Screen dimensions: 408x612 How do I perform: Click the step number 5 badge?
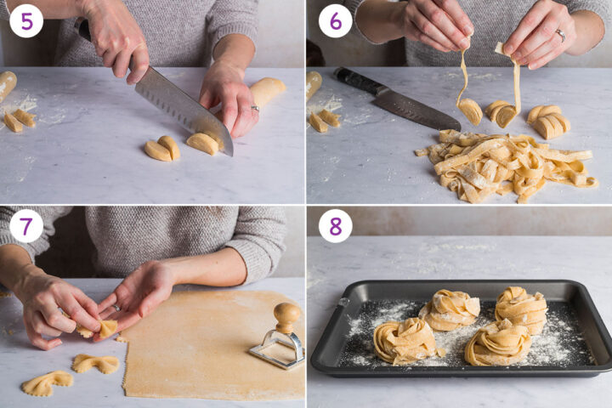26,20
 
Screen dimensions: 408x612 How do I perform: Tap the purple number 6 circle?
335,20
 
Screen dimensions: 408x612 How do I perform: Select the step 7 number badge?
26,226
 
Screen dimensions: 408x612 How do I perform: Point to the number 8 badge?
335,226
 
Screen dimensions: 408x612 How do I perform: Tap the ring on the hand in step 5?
254,108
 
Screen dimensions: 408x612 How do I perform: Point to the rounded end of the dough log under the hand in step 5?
270,89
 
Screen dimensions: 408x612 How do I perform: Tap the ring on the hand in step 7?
116,309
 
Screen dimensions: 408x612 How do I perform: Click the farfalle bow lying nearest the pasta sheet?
95,364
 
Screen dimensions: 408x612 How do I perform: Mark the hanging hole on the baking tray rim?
343,302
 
